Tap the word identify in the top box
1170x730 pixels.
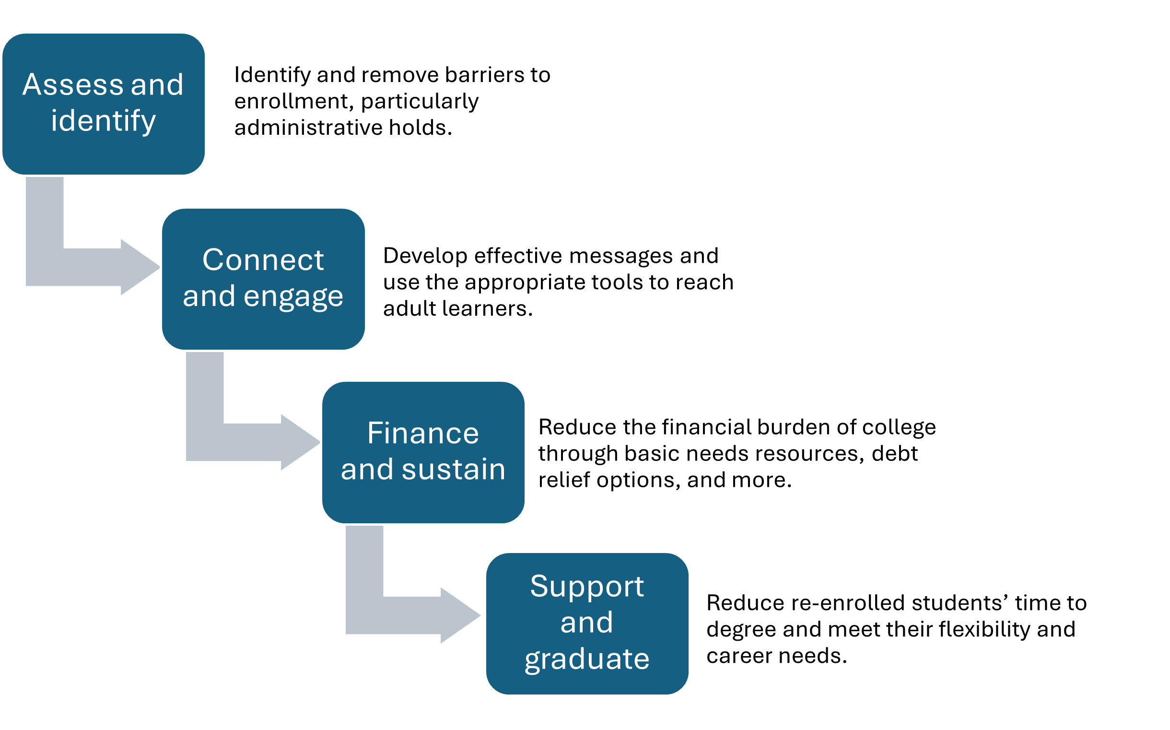pyautogui.click(x=103, y=121)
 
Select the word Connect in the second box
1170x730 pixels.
pyautogui.click(x=263, y=260)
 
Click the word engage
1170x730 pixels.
pyautogui.click(x=293, y=296)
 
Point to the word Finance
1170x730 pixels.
pyautogui.click(x=423, y=433)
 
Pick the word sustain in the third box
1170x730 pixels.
pyautogui.click(x=453, y=469)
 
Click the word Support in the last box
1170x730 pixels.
pyautogui.click(x=586, y=587)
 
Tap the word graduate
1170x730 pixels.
pyautogui.click(x=586, y=659)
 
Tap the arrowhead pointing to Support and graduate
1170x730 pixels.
pyautogui.click(x=460, y=615)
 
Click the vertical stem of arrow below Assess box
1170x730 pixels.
pyautogui.click(x=45, y=212)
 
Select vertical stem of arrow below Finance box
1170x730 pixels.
pyautogui.click(x=364, y=561)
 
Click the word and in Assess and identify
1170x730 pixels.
pyautogui.click(x=157, y=85)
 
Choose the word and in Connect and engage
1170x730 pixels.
pyautogui.click(x=209, y=296)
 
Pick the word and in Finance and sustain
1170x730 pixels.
pyautogui.click(x=366, y=469)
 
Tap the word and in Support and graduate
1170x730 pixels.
pyautogui.click(x=586, y=623)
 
